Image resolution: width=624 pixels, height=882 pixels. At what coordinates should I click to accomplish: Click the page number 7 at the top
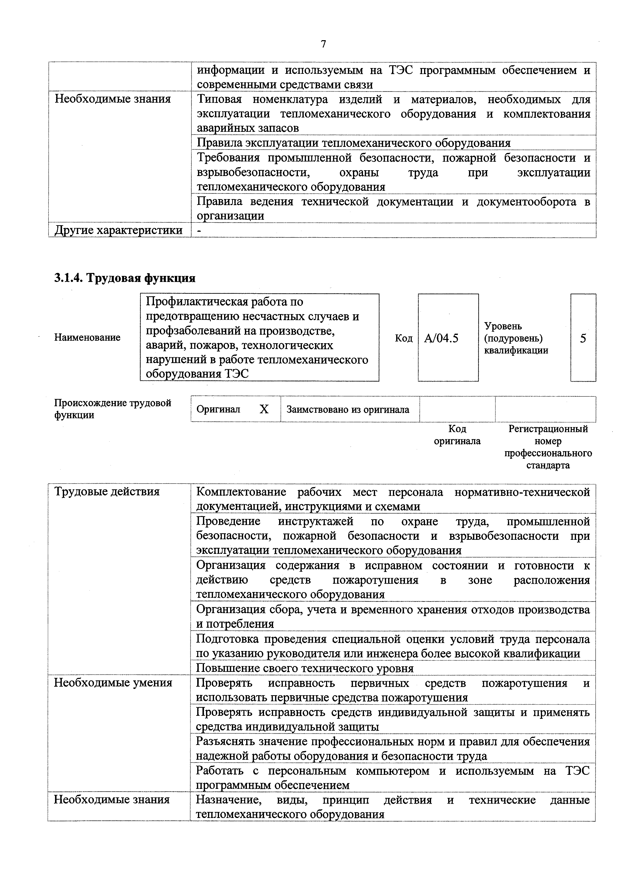point(323,44)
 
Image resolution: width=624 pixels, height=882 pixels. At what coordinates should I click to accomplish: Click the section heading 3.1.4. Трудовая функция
point(125,278)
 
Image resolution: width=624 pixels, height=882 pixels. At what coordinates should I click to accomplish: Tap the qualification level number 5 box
point(583,338)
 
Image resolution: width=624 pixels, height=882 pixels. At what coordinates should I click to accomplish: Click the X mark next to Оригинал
point(264,409)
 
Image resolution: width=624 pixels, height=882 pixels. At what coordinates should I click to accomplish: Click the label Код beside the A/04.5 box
point(404,338)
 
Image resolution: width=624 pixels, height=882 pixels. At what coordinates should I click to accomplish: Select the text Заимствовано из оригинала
point(348,409)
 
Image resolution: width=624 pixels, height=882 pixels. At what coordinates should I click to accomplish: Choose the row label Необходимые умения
point(113,683)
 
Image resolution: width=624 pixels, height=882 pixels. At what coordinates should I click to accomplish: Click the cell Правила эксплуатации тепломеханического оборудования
point(353,143)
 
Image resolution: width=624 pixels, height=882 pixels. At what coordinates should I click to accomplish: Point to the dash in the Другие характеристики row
point(198,230)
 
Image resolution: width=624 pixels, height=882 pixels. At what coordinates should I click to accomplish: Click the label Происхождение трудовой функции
point(112,409)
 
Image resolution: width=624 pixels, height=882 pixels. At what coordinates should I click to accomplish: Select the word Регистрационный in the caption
point(548,429)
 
